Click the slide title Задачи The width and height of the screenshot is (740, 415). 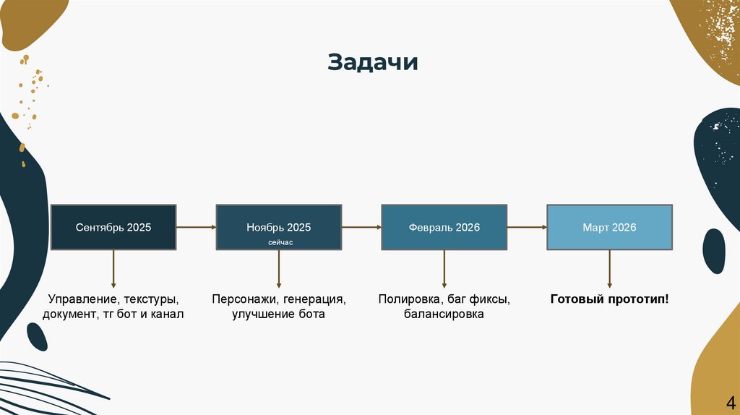[373, 62]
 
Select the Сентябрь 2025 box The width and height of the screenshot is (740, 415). [113, 227]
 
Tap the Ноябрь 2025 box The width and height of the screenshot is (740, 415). [278, 227]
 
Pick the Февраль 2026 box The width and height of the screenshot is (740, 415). [444, 227]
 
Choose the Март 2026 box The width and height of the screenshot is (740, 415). [609, 227]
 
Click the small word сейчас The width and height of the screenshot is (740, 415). [279, 244]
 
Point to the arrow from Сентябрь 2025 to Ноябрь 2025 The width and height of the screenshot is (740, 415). [196, 227]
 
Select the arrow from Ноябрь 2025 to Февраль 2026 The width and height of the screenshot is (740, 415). [361, 227]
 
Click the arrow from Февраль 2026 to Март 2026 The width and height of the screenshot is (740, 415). [526, 227]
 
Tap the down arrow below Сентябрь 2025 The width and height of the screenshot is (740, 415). [113, 269]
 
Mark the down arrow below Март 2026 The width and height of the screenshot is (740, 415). [609, 269]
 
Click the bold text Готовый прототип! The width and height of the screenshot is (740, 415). [609, 299]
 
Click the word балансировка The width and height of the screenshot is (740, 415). [444, 315]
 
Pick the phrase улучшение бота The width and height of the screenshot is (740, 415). [278, 315]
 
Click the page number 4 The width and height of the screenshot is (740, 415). [729, 402]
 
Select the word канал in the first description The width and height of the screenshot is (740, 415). [168, 315]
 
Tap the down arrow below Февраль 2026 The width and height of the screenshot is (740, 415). [444, 269]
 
